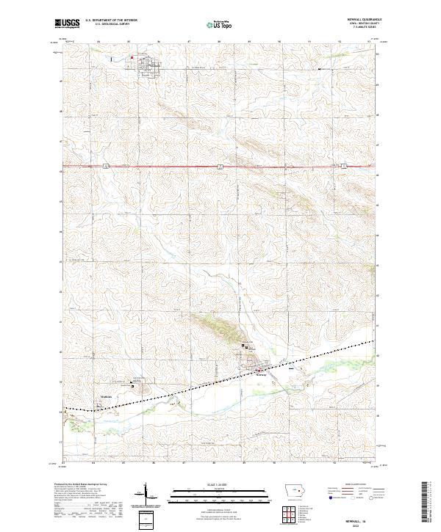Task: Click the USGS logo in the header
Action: pyautogui.click(x=68, y=23)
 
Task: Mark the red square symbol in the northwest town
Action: pyautogui.click(x=132, y=58)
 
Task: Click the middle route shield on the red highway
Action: pyautogui.click(x=220, y=167)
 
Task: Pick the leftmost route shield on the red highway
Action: pyautogui.click(x=106, y=167)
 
